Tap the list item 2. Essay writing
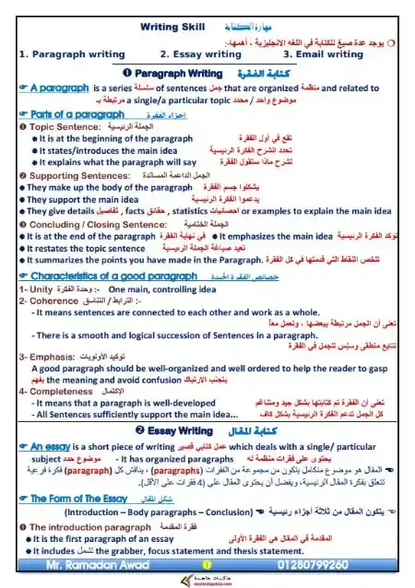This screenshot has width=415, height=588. pos(200,54)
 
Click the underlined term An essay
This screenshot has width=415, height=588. pos(47,445)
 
